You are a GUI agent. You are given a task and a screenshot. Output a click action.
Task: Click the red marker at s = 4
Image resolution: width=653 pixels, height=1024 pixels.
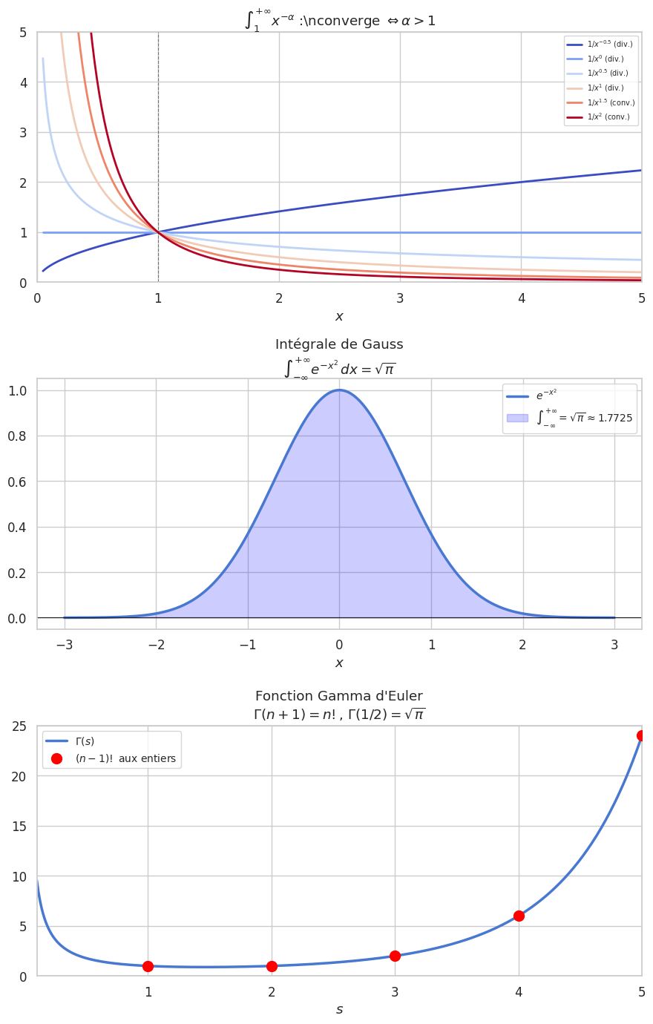(x=519, y=916)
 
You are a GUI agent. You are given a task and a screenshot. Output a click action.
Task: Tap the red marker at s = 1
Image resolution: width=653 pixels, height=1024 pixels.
(x=148, y=966)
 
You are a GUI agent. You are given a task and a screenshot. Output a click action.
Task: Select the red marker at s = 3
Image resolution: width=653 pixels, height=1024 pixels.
(x=395, y=956)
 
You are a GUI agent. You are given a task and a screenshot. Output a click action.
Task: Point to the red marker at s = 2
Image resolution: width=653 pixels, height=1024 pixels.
(x=272, y=966)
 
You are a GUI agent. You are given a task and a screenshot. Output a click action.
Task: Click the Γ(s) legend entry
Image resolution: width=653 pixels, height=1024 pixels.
(x=85, y=741)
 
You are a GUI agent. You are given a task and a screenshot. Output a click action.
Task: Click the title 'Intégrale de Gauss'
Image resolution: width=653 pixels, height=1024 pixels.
(x=339, y=344)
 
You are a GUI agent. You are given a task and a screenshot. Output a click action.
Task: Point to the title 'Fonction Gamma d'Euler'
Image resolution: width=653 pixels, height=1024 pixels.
(x=339, y=696)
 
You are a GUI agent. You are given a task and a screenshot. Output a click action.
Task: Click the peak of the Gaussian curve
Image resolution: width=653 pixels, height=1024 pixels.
(x=339, y=390)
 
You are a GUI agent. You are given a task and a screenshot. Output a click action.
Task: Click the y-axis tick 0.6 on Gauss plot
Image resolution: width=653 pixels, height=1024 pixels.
(x=20, y=482)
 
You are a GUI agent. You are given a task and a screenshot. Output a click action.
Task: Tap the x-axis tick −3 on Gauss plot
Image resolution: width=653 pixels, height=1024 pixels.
(x=65, y=644)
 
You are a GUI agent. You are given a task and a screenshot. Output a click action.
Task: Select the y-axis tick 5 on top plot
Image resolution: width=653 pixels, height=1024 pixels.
(x=23, y=33)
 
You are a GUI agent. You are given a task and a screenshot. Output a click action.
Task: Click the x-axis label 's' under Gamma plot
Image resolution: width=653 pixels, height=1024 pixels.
(x=339, y=1009)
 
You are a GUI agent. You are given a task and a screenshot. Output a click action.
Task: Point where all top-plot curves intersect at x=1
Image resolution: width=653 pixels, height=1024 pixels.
(x=158, y=232)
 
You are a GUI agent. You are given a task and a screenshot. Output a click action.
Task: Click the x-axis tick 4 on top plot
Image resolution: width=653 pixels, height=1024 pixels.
(x=521, y=298)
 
